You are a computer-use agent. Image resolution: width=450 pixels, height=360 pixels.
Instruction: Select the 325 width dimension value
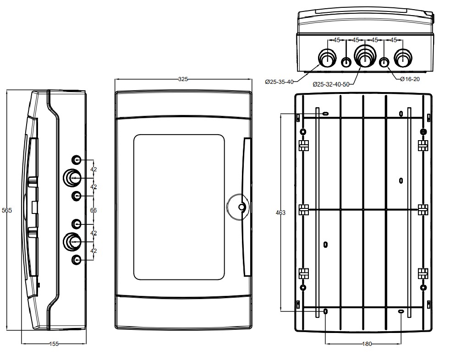pos(183,79)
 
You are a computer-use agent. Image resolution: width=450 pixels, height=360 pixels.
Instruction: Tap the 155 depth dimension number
pos(54,344)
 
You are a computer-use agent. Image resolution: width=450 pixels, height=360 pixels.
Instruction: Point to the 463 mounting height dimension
pos(280,213)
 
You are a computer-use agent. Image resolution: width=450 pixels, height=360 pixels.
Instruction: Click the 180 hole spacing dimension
pos(367,344)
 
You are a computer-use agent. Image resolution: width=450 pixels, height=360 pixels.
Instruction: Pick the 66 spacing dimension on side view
pos(93,210)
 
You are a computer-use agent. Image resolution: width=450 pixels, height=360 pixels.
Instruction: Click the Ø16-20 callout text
pos(410,79)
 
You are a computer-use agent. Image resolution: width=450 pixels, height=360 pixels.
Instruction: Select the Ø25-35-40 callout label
pos(279,82)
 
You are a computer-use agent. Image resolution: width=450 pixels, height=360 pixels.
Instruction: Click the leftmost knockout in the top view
pos(327,59)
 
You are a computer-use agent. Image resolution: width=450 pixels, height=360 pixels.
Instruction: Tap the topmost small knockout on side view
pos(77,160)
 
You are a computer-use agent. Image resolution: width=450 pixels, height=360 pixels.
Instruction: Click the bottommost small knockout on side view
pos(77,260)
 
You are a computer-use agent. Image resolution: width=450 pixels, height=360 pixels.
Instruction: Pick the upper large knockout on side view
pos(71,177)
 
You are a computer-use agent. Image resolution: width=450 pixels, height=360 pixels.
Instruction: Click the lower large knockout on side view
pos(71,241)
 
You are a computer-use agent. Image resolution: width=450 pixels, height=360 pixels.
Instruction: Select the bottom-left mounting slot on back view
pos(325,311)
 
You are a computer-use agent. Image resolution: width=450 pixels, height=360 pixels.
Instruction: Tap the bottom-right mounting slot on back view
pos(401,311)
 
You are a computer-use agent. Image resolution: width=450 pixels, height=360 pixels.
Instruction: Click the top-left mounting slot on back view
pos(325,113)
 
